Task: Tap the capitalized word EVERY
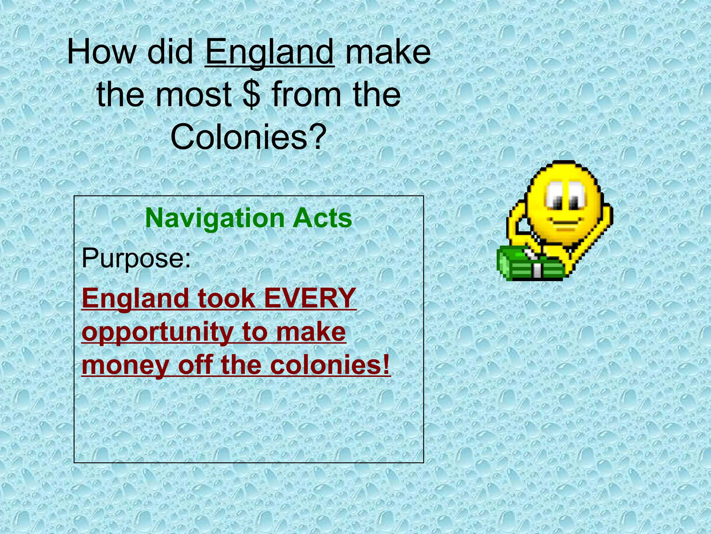[x=310, y=298]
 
